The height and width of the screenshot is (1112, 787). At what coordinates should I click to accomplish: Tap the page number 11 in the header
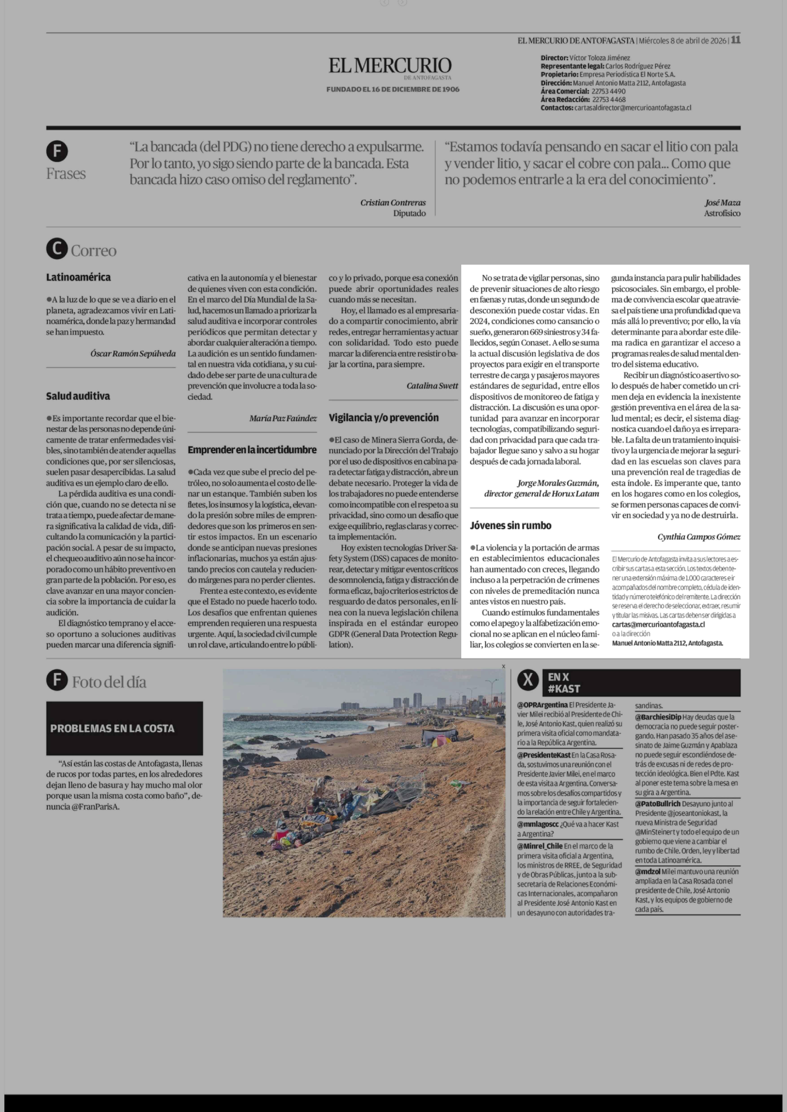736,40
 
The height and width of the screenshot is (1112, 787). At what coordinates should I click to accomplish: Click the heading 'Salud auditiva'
78,396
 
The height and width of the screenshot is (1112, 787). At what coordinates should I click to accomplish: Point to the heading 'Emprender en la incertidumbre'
252,450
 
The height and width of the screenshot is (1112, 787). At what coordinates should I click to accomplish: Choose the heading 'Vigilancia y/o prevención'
383,418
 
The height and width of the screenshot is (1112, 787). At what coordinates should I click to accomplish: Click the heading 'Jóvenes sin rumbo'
510,525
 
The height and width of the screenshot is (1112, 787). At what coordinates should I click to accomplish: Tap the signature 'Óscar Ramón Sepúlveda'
133,353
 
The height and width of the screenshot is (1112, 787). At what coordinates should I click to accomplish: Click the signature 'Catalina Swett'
432,386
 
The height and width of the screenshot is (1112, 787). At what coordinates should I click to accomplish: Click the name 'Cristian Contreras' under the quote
393,203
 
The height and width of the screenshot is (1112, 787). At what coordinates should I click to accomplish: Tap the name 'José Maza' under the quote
722,203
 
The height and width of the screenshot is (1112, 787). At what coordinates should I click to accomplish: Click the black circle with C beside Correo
57,249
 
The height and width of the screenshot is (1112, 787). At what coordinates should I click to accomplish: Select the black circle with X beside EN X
528,680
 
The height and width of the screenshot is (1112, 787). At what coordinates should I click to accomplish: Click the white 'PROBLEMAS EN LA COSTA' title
112,728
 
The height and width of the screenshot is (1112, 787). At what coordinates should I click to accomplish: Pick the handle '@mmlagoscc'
538,824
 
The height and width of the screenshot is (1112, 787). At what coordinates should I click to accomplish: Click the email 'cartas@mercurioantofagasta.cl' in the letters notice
658,625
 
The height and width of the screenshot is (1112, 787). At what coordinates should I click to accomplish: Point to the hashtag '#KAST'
564,689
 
